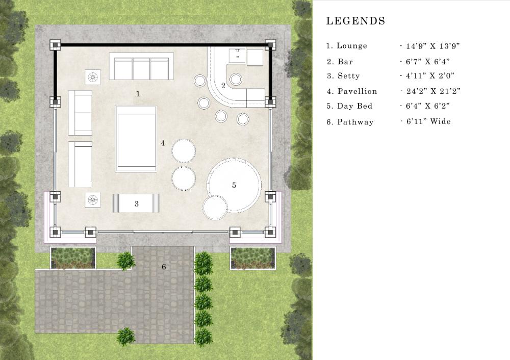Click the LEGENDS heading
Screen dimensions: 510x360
click(x=355, y=21)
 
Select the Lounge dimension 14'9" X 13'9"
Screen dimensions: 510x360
click(x=432, y=46)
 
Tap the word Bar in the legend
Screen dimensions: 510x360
click(x=345, y=62)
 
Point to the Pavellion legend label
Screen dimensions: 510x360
click(x=357, y=91)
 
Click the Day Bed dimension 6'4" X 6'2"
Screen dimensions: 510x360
click(x=428, y=106)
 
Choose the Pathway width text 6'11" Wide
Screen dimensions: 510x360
click(x=428, y=121)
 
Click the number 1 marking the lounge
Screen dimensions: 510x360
click(x=138, y=94)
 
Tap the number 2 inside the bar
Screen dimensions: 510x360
click(x=223, y=86)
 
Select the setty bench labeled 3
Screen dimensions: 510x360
click(x=136, y=203)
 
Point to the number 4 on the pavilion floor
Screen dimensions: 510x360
click(x=163, y=143)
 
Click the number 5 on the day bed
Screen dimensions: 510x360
click(x=234, y=185)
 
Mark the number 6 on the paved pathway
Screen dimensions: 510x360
click(x=164, y=267)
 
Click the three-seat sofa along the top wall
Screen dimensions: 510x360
click(x=141, y=66)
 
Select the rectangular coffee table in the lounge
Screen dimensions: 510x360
click(x=136, y=139)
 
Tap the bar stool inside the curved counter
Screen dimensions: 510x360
click(x=236, y=79)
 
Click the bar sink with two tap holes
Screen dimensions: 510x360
click(x=238, y=56)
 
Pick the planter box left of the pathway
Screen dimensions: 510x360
click(x=73, y=258)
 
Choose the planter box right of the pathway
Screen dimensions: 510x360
click(x=253, y=258)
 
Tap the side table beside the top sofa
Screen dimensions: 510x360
click(x=93, y=77)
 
